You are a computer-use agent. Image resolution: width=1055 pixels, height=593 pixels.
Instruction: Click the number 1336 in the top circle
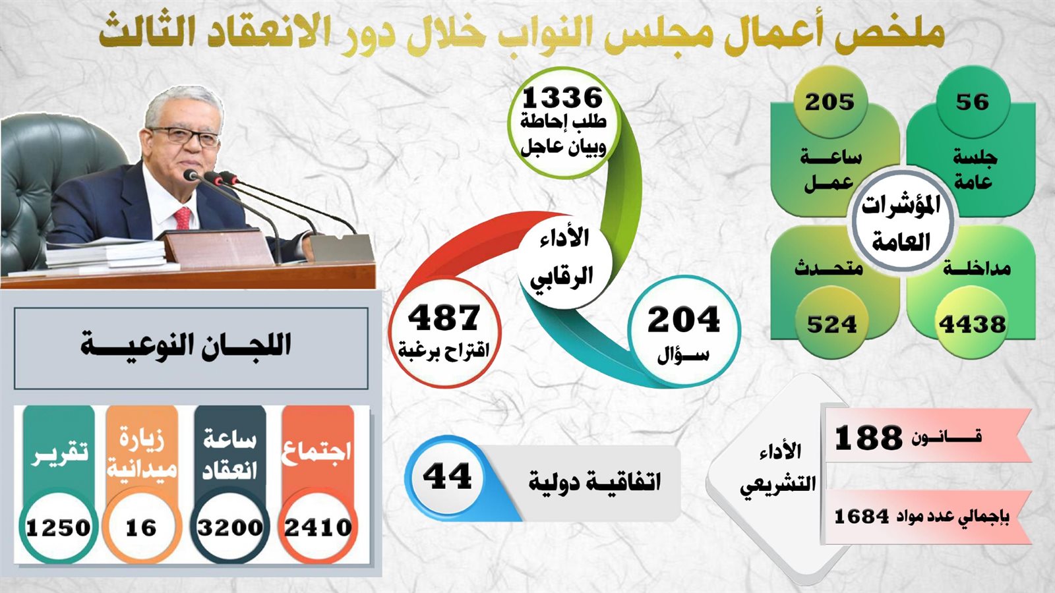[x=563, y=98]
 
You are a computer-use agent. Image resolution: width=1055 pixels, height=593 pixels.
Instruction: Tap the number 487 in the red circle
[x=444, y=318]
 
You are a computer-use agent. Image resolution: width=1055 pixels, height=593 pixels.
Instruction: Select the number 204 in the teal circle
[x=684, y=320]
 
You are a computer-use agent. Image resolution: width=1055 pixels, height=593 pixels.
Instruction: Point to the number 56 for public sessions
[x=972, y=101]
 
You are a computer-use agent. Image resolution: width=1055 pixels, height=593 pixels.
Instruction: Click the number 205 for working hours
[x=829, y=101]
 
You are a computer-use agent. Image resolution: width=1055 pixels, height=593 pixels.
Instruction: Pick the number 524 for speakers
[x=831, y=324]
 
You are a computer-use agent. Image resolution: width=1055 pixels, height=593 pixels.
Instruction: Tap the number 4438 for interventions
[x=972, y=324]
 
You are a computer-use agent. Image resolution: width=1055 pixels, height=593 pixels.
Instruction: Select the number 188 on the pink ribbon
[x=868, y=438]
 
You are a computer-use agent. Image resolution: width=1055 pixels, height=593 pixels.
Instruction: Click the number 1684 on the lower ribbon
[x=861, y=517]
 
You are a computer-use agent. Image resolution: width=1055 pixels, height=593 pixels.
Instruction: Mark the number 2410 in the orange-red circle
[x=318, y=528]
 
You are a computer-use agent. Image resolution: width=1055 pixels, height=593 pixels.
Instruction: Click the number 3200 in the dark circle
[x=230, y=528]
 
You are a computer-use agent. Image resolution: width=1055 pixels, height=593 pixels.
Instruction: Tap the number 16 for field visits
[x=141, y=528]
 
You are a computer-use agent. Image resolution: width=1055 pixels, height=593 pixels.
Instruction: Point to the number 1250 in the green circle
[x=58, y=528]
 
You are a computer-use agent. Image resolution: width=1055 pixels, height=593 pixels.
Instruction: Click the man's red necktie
[x=183, y=218]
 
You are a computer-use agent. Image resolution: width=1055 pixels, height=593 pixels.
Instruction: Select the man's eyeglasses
[x=185, y=136]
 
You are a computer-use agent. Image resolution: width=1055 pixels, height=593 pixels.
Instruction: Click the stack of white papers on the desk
[x=106, y=254]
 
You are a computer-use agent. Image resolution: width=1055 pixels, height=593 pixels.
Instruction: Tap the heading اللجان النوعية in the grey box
[x=185, y=345]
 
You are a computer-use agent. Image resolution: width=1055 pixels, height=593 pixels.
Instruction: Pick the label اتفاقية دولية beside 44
[x=594, y=481]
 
